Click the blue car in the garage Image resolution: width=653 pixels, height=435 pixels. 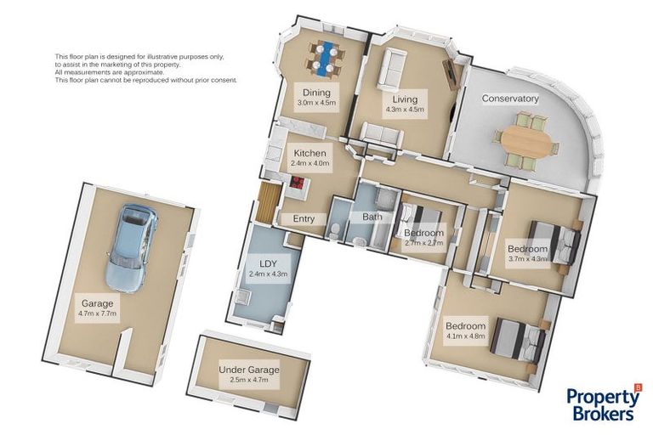132,248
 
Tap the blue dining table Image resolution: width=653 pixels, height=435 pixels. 326,59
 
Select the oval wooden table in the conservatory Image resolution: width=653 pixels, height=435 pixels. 525,142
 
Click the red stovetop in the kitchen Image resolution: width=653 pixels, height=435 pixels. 298,183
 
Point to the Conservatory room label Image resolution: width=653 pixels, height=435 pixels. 510,99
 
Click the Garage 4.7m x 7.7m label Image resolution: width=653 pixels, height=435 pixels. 98,308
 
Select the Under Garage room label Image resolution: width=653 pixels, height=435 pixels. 249,374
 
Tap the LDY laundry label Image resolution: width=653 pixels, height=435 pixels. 268,268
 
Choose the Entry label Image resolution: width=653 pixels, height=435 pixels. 304,218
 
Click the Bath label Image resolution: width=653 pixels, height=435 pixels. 372,217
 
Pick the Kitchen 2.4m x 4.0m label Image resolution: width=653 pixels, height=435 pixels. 309,157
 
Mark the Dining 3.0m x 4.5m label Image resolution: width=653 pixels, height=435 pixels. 316,97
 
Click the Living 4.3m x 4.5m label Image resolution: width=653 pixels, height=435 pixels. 405,104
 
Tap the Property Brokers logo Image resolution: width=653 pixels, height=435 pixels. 603,404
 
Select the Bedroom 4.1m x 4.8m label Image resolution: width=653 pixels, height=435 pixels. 466,330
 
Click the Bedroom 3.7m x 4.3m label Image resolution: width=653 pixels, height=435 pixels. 527,253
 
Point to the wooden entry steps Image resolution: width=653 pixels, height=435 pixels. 265,203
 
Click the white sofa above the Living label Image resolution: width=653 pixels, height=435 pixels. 391,70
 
